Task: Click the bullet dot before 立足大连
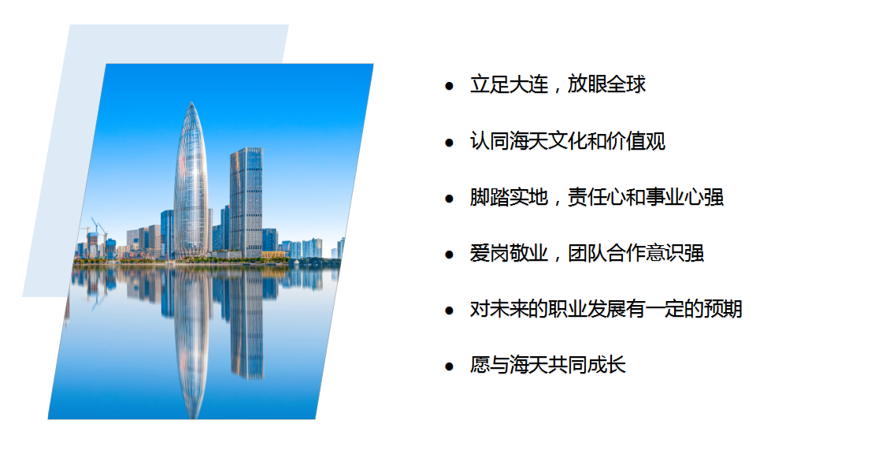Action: pos(449,86)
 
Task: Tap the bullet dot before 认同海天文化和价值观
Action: pos(449,142)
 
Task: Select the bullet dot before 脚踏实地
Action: pos(449,199)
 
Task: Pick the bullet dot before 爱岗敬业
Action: pos(449,255)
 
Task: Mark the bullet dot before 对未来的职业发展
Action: pos(449,311)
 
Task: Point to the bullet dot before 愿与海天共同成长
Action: pos(449,366)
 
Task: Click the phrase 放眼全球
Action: pos(606,84)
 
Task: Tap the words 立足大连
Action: pos(509,84)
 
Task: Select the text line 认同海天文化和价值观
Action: pos(568,141)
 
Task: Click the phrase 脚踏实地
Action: pos(509,197)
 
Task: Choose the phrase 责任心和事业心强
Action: pos(646,197)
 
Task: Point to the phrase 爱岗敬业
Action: pos(509,253)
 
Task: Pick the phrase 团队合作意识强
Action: pos(636,253)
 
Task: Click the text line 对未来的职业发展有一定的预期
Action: pos(606,310)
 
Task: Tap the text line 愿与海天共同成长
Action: pos(547,366)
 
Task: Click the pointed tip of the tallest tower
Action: pos(191,102)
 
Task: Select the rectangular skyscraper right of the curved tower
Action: pos(246,203)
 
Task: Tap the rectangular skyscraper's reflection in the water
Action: pos(246,322)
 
